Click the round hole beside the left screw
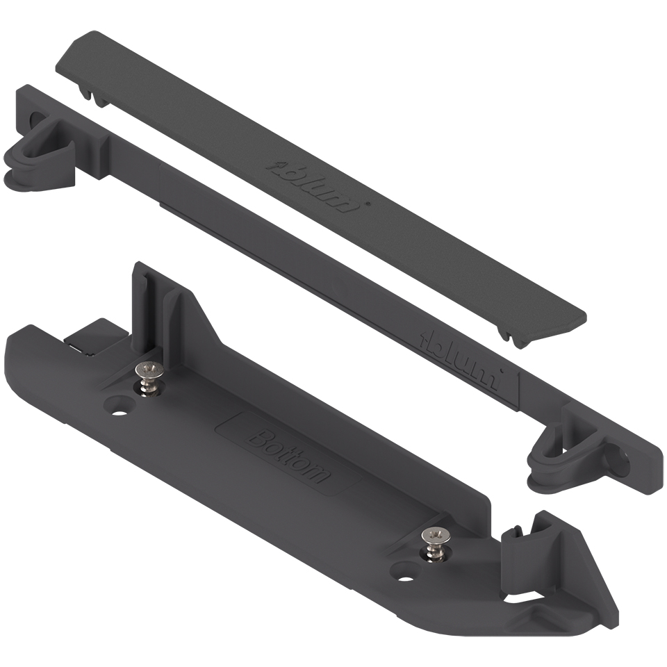point(120,407)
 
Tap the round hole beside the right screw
point(402,573)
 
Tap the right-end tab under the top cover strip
point(511,335)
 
